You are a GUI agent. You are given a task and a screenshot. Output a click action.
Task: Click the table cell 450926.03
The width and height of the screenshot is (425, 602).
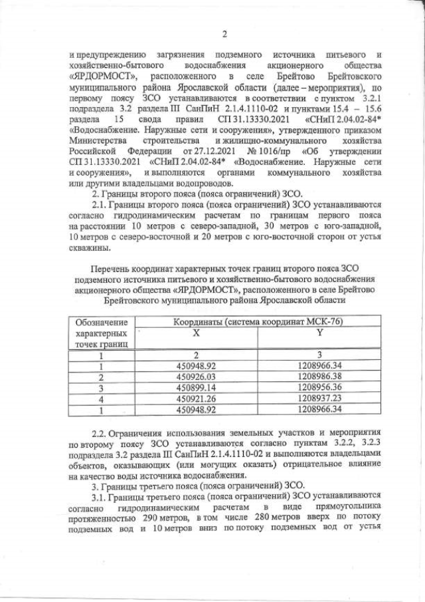point(196,376)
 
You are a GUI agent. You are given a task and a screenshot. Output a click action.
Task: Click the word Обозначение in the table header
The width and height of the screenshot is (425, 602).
point(102,323)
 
